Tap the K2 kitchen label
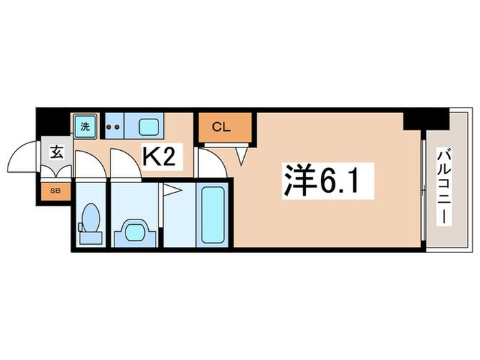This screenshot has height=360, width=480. click(163, 156)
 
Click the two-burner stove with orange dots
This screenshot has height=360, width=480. click(115, 127)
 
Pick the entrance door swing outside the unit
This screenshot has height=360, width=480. click(22, 158)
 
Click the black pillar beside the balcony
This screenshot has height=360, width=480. click(416, 119)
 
